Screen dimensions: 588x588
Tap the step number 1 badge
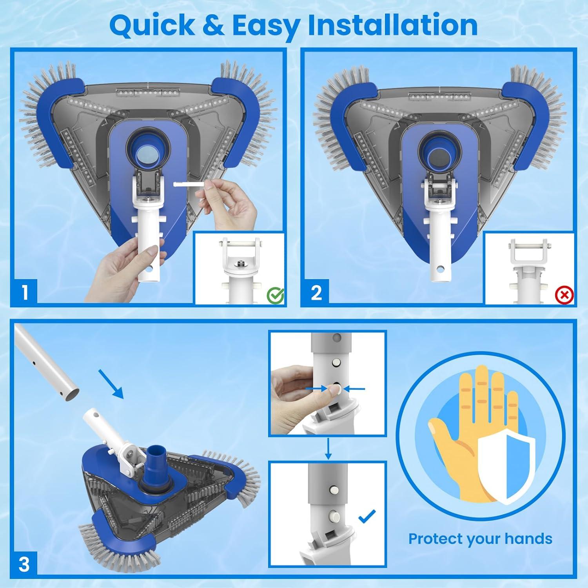click(x=25, y=292)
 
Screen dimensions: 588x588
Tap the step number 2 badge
click(x=316, y=292)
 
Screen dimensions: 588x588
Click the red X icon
click(x=564, y=295)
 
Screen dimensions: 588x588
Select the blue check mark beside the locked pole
click(x=367, y=516)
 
